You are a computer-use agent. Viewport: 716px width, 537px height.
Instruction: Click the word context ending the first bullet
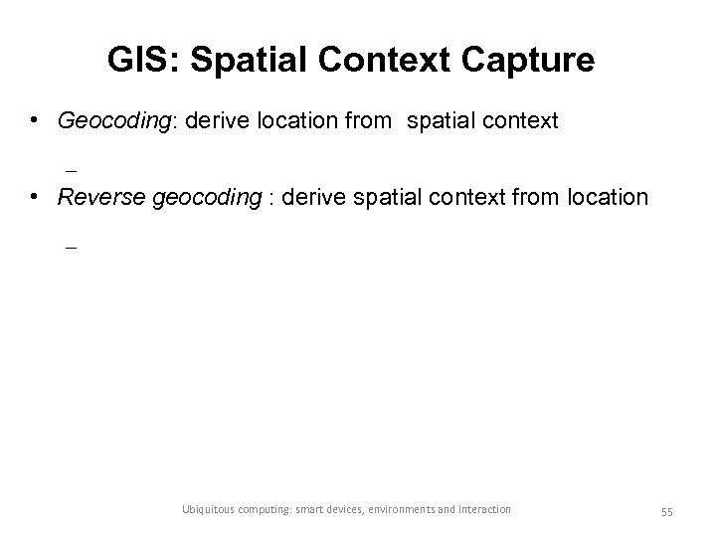coord(518,121)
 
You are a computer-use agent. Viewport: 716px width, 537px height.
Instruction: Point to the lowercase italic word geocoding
coord(207,197)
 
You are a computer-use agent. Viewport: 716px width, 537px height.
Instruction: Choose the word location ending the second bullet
coord(607,197)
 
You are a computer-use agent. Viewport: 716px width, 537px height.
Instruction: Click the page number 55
coord(666,510)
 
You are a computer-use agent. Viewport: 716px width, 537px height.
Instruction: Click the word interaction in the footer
coord(485,510)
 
